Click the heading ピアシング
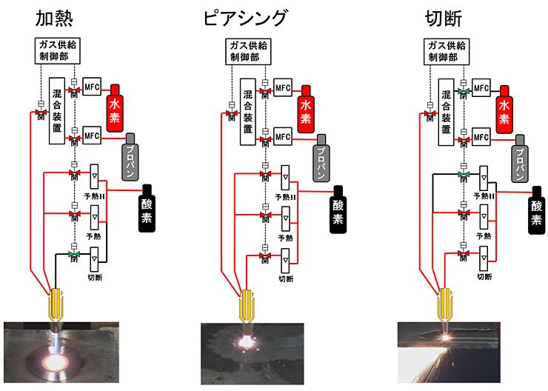247,19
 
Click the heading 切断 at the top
444,19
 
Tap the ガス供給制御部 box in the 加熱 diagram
58,50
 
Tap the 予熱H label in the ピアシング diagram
285,196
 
